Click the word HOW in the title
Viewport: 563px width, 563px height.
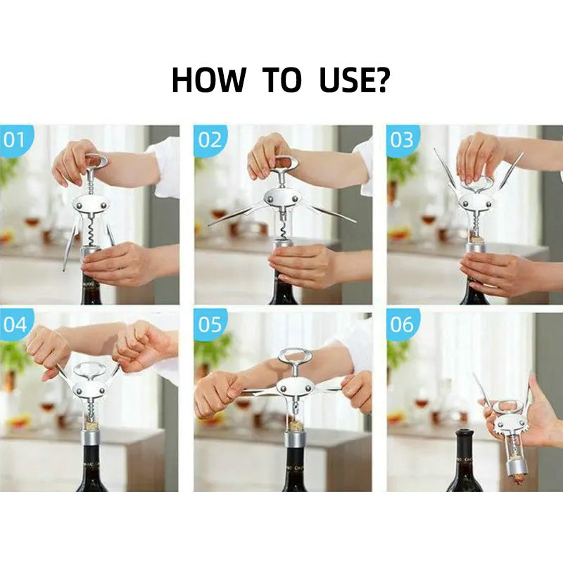[x=208, y=80]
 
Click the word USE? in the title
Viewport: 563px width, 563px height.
[x=354, y=80]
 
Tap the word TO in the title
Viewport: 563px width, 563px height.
[x=282, y=80]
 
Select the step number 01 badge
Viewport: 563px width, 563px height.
[x=14, y=140]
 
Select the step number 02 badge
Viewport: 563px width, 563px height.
[x=210, y=140]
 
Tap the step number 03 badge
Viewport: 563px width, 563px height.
[x=402, y=140]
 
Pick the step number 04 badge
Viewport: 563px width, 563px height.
[x=15, y=324]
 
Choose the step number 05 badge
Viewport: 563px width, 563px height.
[x=210, y=324]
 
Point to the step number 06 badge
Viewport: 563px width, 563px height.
[x=402, y=324]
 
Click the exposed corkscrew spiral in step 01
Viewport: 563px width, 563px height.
[x=91, y=229]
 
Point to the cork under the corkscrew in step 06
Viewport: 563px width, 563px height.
[x=517, y=479]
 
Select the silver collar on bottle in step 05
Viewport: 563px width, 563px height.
[x=296, y=441]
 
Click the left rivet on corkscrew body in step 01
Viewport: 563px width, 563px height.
[x=79, y=205]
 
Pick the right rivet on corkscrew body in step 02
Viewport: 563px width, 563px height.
[x=295, y=198]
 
